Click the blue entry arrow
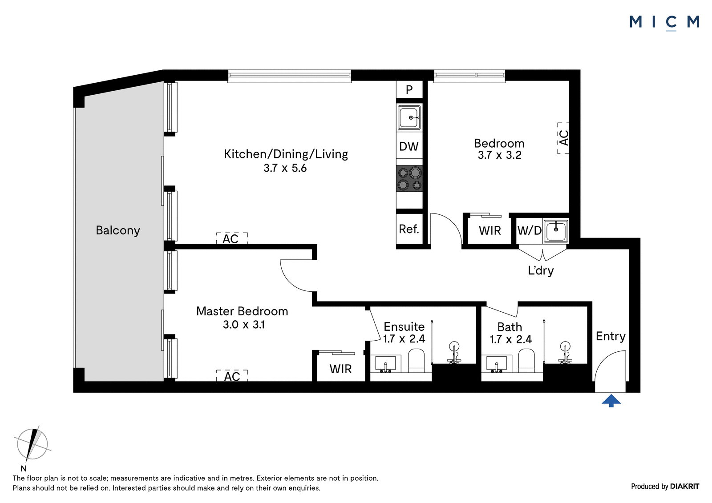pos(611,401)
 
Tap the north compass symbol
pos(32,444)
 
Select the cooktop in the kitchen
pos(409,179)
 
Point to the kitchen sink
pos(409,117)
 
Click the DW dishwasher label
pos(409,146)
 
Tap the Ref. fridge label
pos(409,229)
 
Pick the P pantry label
pos(409,90)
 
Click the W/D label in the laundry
pos(529,230)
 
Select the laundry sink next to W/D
pos(556,231)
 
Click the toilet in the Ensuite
pos(416,361)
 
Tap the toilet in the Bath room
pos(526,361)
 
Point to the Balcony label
pos(118,230)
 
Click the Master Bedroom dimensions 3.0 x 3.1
pos(243,325)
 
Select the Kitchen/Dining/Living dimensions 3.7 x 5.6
pos(285,168)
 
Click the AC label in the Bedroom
pos(563,138)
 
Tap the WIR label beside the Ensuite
pos(340,369)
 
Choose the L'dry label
pos(541,270)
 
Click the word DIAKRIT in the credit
pos(685,487)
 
